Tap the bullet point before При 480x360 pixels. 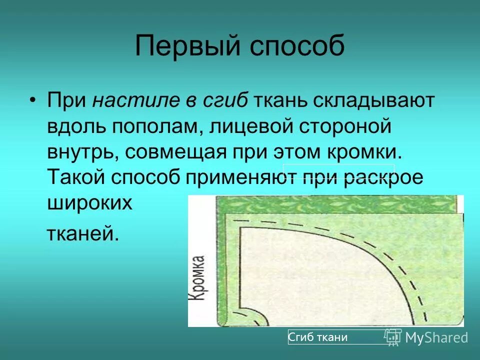pyautogui.click(x=32, y=99)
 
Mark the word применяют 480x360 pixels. pyautogui.click(x=234, y=177)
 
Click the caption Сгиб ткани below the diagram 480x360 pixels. pyautogui.click(x=318, y=337)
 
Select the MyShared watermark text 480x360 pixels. pyautogui.click(x=436, y=337)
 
